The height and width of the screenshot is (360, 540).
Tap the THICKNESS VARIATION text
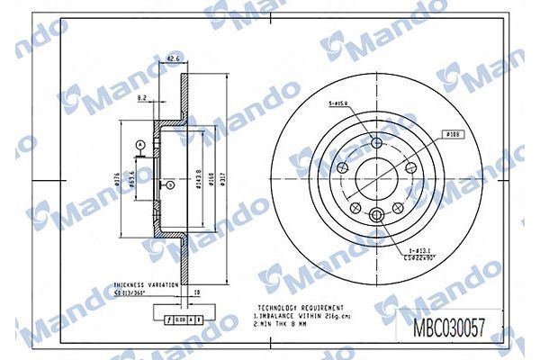click(x=144, y=282)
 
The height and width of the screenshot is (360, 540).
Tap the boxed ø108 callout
click(x=452, y=133)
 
